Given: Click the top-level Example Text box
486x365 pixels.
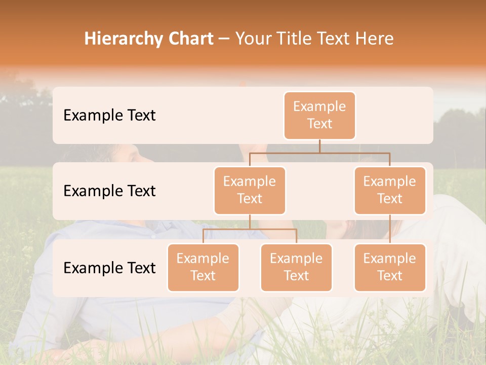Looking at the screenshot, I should [x=319, y=116].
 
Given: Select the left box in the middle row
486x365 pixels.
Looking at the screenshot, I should [x=250, y=191].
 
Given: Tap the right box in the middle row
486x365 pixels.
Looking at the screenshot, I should [x=390, y=191].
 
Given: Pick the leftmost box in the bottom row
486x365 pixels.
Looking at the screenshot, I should [x=203, y=268].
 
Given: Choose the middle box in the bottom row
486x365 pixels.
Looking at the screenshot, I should [x=296, y=268].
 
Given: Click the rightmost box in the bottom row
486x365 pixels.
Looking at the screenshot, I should [x=390, y=268].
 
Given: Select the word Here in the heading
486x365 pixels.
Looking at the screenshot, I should [x=375, y=39].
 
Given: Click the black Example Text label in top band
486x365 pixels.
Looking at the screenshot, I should [x=109, y=116].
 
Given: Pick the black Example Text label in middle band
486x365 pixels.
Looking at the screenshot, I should [x=109, y=191].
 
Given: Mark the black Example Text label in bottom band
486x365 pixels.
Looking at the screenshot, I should [x=109, y=268].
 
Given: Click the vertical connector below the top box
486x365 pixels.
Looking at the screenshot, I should [x=319, y=146].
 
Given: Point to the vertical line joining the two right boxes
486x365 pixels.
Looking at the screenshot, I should [x=390, y=229].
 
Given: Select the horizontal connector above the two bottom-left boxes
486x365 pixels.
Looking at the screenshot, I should [x=250, y=229].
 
